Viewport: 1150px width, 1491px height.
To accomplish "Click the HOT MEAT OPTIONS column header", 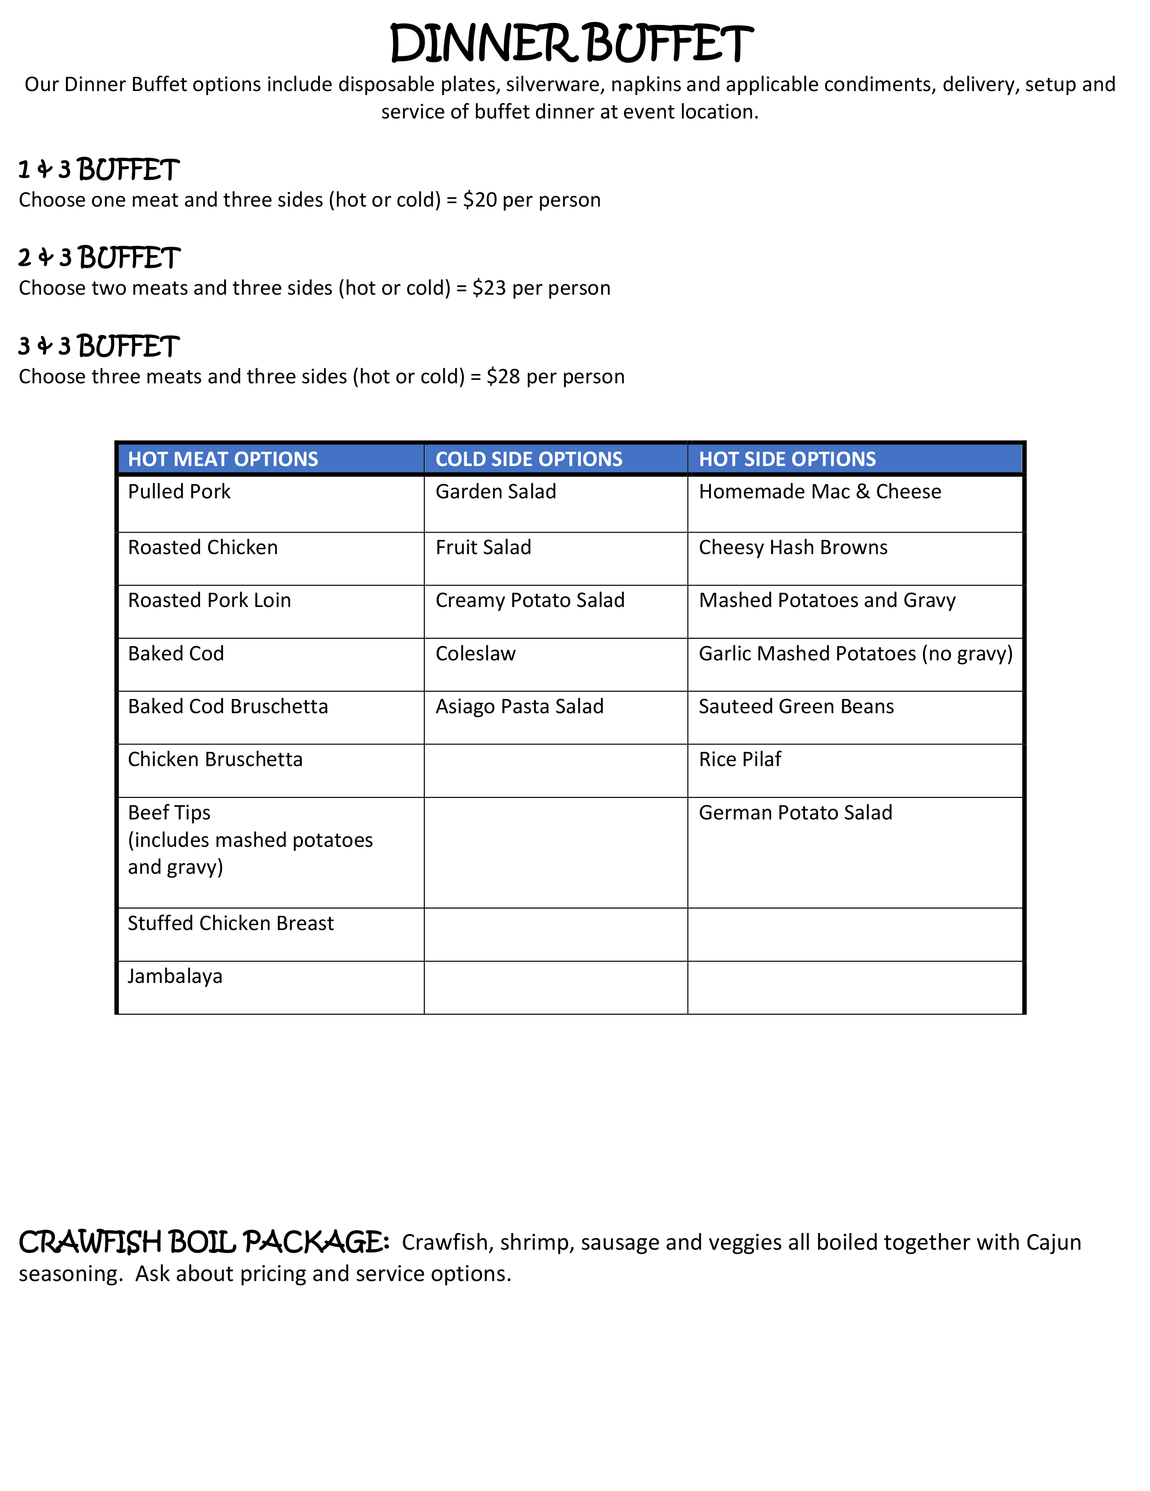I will click(223, 459).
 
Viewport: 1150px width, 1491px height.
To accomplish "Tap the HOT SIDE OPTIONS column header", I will click(787, 459).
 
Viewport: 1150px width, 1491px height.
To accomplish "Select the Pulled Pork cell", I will click(180, 491).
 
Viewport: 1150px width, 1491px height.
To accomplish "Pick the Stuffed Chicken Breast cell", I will click(230, 923).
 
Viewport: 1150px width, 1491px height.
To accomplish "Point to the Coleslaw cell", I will click(476, 653).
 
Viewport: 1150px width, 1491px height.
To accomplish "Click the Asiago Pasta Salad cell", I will click(519, 707).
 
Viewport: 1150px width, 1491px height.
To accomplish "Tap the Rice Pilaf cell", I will click(740, 759).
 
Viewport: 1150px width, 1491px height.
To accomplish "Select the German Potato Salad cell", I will click(795, 813).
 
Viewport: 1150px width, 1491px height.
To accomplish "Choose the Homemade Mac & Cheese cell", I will click(820, 491).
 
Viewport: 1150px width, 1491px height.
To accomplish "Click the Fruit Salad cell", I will click(483, 548).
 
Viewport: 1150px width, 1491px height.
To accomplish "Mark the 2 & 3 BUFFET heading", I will click(99, 258).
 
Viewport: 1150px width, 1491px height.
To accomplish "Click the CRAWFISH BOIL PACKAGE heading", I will click(204, 1242).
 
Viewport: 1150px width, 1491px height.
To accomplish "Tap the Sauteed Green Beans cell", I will click(796, 707).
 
